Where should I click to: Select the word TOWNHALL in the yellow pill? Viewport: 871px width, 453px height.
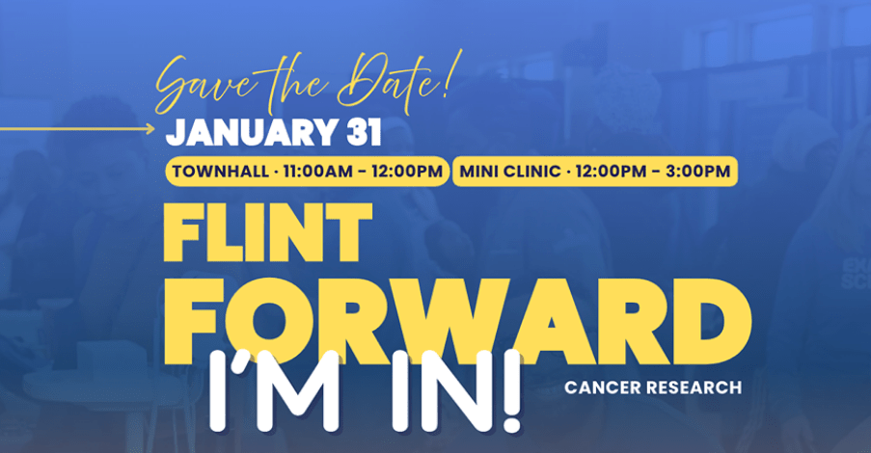click(221, 172)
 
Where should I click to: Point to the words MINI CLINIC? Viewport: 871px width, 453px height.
click(510, 172)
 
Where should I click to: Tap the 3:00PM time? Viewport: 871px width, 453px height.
click(698, 172)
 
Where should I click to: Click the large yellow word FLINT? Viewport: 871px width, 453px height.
click(268, 232)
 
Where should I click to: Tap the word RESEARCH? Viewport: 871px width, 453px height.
click(690, 387)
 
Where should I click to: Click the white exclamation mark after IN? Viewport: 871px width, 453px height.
click(511, 390)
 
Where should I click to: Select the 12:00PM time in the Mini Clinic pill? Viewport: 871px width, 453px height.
click(611, 172)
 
